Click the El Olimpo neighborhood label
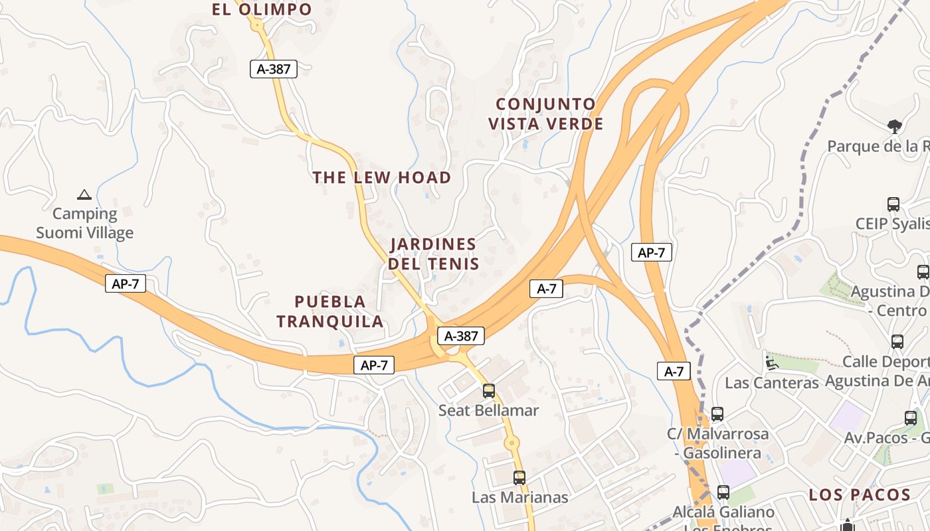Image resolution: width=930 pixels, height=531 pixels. click(262, 9)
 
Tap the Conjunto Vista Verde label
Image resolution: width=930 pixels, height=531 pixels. click(545, 114)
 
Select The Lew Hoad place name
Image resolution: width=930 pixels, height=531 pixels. click(382, 178)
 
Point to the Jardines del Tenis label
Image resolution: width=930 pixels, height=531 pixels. click(433, 254)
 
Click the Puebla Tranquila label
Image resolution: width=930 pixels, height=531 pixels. click(330, 311)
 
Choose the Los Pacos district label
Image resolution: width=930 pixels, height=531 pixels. click(859, 495)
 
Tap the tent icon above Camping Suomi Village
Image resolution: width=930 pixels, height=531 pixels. click(84, 194)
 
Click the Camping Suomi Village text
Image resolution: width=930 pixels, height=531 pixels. click(84, 224)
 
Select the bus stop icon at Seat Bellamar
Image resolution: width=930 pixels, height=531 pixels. click(489, 391)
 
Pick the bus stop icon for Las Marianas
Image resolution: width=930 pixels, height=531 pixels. click(519, 477)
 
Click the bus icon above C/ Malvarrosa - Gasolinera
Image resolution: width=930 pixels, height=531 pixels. click(717, 414)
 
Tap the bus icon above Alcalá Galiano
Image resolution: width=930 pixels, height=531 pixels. click(723, 493)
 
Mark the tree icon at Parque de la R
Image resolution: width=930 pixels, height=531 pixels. click(895, 126)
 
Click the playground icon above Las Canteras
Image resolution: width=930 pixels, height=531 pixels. click(771, 363)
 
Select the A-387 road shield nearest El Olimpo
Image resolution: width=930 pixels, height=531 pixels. click(273, 68)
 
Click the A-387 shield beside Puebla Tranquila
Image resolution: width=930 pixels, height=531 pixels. click(461, 336)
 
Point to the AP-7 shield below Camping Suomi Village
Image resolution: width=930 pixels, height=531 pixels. click(125, 284)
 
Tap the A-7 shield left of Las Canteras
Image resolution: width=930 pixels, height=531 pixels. click(674, 371)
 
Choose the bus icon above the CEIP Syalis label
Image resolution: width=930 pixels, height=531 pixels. click(893, 204)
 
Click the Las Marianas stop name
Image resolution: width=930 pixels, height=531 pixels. click(519, 497)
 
